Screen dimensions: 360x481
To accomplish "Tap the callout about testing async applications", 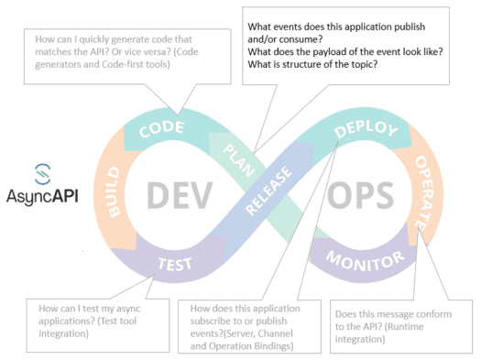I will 84,322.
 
